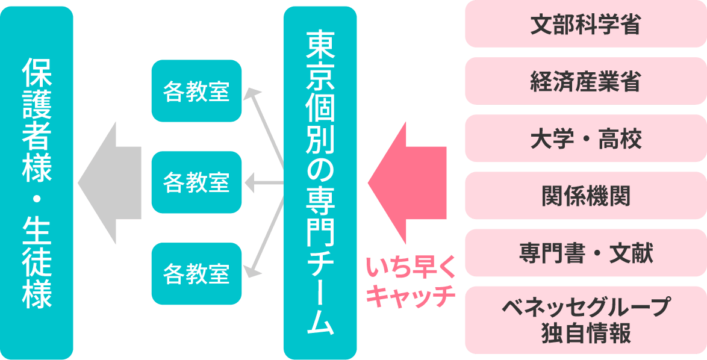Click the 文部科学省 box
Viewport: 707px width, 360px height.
[585, 25]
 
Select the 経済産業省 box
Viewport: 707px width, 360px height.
[585, 81]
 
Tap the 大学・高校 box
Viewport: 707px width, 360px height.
[585, 138]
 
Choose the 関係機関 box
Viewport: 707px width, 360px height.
[585, 196]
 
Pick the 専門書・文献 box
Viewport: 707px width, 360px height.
[585, 253]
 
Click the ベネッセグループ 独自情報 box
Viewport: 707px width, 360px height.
[585, 320]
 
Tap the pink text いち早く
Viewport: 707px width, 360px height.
[410, 267]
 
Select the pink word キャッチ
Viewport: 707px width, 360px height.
[410, 296]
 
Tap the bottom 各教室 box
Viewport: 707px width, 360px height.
[196, 274]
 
